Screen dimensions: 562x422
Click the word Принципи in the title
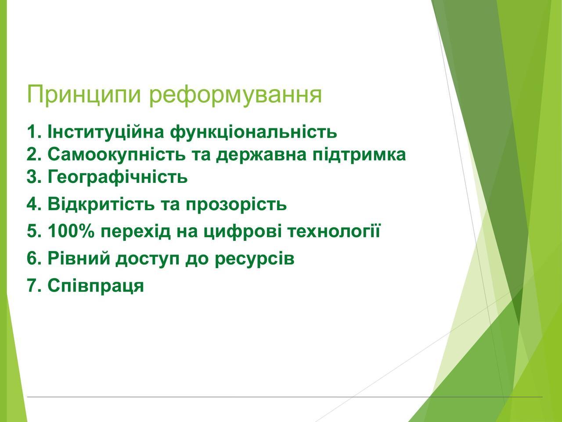click(84, 95)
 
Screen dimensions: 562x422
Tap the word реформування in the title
click(235, 95)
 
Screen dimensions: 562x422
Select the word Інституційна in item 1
click(106, 132)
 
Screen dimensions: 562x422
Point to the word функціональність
click(253, 132)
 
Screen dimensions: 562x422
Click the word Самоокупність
click(116, 155)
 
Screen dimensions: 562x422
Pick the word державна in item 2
click(261, 155)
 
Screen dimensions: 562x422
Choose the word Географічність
click(118, 177)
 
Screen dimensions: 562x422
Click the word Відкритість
click(101, 204)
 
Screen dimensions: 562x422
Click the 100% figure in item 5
click(71, 231)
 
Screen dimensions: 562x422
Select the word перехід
click(135, 232)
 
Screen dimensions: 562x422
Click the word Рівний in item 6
click(78, 258)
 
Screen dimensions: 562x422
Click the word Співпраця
click(96, 286)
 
